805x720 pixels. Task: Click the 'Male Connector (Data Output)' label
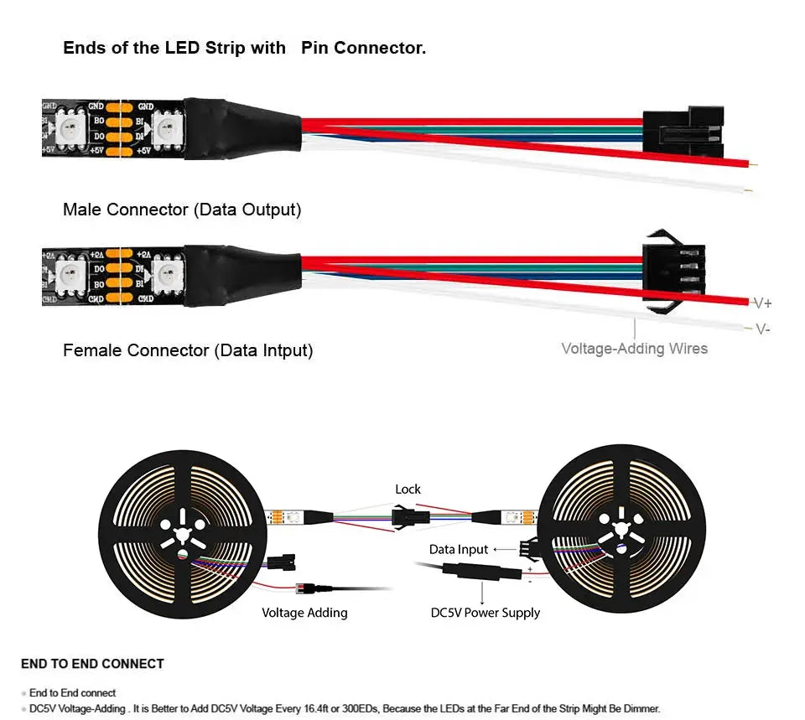pos(182,210)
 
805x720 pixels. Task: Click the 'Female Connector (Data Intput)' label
pos(188,350)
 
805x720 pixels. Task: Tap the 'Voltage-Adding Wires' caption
pos(634,348)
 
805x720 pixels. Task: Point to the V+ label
pos(762,303)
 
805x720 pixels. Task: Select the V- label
pos(762,329)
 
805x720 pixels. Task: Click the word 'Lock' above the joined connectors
pos(408,489)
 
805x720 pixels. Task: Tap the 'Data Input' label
pos(458,550)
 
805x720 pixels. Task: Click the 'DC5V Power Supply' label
pos(485,613)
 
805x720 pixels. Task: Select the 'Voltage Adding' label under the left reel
pos(304,613)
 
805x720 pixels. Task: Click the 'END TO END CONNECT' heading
pos(92,664)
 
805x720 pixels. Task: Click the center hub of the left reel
pos(177,532)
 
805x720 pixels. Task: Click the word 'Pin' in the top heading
pos(315,48)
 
